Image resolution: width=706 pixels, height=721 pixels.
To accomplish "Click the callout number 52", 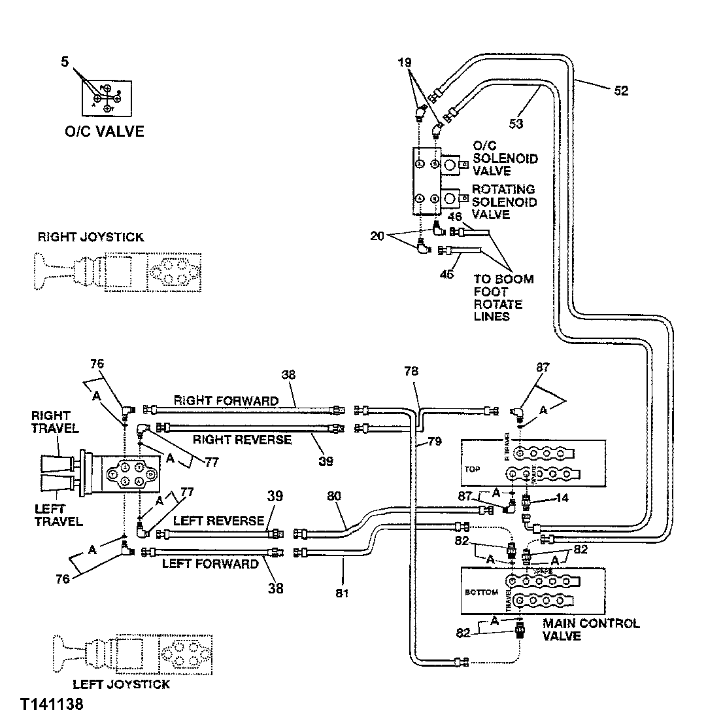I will [x=620, y=91].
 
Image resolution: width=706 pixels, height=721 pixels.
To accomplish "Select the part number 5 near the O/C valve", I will [x=64, y=62].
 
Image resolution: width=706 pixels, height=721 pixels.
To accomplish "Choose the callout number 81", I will [x=343, y=594].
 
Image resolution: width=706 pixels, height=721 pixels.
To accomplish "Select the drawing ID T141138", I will [x=52, y=706].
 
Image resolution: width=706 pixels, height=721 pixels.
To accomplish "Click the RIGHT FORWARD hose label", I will [x=226, y=400].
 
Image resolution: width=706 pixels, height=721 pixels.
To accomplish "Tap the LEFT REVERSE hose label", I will [x=219, y=521].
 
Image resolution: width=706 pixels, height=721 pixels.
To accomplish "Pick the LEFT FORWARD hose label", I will [x=210, y=563].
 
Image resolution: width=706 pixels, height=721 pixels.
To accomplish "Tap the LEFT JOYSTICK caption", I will [x=121, y=684].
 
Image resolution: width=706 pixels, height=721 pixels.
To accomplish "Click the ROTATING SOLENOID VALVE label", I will [x=504, y=202].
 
